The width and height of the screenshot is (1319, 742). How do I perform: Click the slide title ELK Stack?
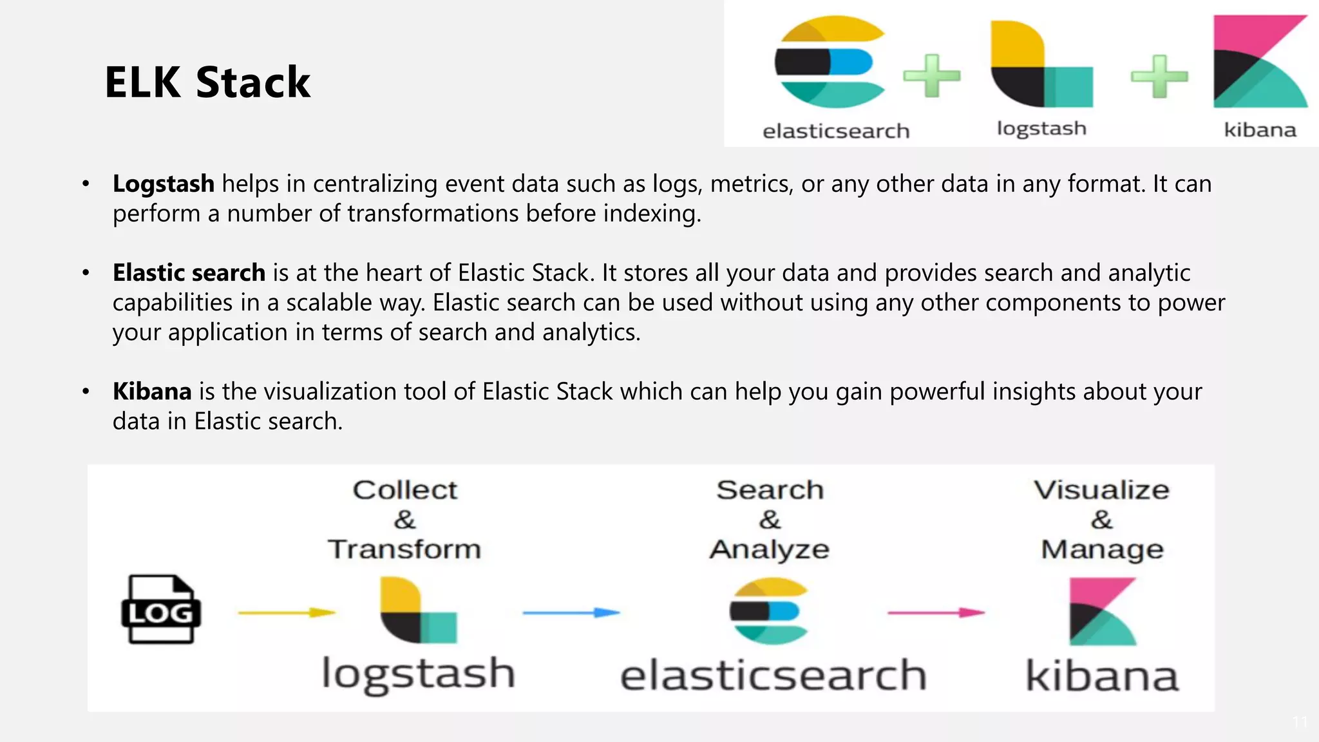(x=207, y=82)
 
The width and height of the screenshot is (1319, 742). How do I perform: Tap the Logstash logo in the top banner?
(x=1041, y=64)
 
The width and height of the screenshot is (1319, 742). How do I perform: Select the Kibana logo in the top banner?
(x=1260, y=62)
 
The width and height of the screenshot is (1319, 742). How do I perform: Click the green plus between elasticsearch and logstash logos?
(x=932, y=76)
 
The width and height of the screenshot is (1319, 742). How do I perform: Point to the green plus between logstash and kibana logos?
(x=1159, y=77)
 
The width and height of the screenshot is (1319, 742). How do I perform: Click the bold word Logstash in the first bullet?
(x=164, y=184)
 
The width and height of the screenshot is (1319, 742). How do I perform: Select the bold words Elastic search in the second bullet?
(x=189, y=273)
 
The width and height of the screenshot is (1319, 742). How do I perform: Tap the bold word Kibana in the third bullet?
(x=152, y=392)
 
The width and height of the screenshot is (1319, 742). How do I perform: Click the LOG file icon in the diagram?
(x=161, y=609)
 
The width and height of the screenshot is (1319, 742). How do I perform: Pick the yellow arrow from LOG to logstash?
(x=287, y=613)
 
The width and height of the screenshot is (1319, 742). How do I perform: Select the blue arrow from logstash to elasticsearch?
(x=571, y=613)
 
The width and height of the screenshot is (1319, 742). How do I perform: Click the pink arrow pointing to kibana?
(x=936, y=613)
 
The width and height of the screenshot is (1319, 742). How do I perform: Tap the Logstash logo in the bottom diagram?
(x=418, y=610)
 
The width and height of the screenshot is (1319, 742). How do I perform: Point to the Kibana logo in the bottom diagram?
(x=1102, y=611)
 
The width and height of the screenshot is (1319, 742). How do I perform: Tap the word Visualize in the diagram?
(x=1101, y=490)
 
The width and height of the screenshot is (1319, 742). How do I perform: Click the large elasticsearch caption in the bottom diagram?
(x=773, y=675)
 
